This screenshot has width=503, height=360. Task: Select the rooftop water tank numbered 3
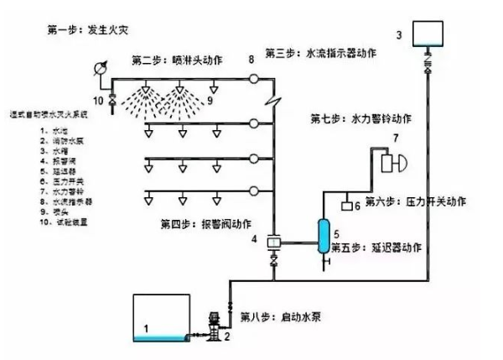[428, 34]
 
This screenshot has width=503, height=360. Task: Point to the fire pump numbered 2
[214, 324]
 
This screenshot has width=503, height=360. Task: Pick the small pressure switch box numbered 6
[345, 204]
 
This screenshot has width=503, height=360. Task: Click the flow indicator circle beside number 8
[251, 79]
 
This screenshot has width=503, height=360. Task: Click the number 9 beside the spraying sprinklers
[210, 102]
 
